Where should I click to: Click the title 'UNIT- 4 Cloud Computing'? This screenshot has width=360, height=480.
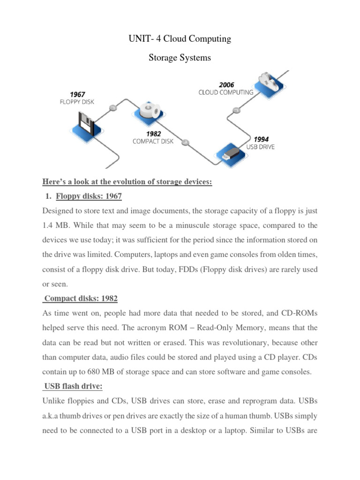(x=180, y=39)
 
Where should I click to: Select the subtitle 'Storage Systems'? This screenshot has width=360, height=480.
(x=180, y=58)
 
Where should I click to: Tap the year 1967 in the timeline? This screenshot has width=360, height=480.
(x=77, y=94)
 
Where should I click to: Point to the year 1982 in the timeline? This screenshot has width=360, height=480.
(x=154, y=134)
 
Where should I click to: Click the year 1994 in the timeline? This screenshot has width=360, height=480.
(x=261, y=139)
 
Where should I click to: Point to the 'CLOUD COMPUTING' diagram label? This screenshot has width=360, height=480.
(x=225, y=92)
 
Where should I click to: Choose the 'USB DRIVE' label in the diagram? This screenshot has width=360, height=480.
(x=261, y=147)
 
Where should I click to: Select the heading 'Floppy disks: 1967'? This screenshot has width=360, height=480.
(x=89, y=195)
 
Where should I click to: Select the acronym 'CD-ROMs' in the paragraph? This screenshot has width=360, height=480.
(x=296, y=313)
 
